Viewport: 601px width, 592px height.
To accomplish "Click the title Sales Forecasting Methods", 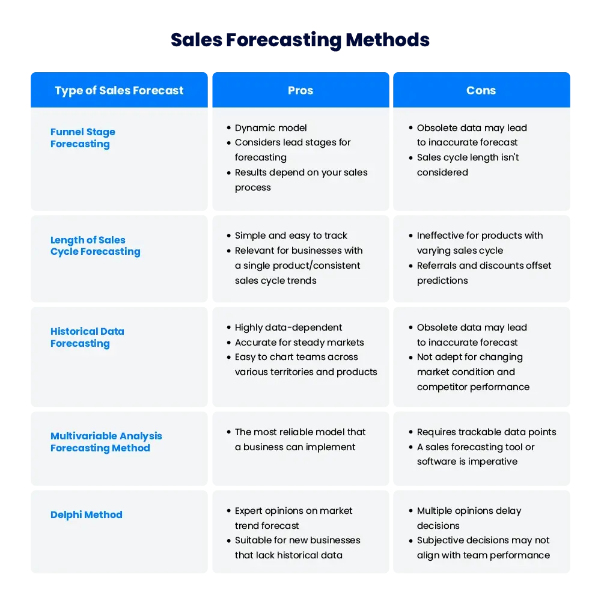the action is pos(300,40).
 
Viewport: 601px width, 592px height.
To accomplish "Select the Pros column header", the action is pos(300,91).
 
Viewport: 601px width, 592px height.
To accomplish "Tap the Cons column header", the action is pos(481,91).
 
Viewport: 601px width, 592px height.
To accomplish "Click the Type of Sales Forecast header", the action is pos(119,91).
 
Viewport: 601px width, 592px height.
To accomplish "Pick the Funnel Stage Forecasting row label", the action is pos(83,138).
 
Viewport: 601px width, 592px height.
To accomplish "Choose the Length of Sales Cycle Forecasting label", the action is pos(96,246).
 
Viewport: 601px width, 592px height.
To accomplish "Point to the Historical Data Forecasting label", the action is pos(87,337).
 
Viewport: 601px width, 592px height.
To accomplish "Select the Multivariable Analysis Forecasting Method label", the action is pos(106,442).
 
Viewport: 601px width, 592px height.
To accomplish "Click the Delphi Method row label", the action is pos(86,514).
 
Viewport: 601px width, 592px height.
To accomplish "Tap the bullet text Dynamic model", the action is pos(270,128).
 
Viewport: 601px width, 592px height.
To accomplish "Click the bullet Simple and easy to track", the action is pos(291,236).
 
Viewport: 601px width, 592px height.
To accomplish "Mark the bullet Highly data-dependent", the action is pos(288,328).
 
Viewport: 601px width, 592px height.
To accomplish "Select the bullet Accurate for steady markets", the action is pos(299,343).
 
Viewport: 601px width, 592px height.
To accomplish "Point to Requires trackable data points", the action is pos(486,432).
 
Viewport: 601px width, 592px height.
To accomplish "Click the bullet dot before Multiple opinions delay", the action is pos(410,511).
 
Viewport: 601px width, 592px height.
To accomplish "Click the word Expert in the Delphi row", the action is pos(248,511).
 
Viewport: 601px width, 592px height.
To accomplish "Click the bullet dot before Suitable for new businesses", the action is pos(229,541).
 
